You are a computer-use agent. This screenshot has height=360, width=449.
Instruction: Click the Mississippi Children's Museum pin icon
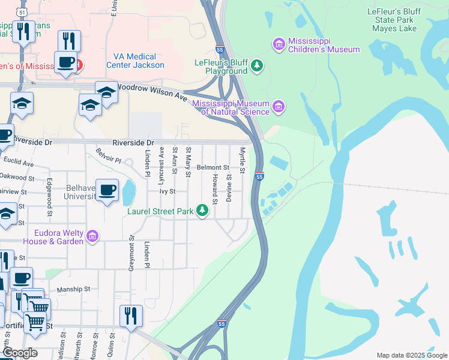(279, 44)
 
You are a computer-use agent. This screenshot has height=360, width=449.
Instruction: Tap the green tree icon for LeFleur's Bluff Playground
(258, 65)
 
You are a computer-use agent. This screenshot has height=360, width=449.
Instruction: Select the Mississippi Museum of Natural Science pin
(278, 107)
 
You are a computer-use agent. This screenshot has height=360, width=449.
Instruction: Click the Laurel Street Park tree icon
(203, 210)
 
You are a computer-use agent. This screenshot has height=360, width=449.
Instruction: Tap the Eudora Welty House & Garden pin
(92, 236)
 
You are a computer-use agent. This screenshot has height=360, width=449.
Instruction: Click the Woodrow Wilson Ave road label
(151, 91)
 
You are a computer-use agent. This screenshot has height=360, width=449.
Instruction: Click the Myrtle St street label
(243, 160)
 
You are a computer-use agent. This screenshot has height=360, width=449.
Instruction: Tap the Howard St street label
(214, 188)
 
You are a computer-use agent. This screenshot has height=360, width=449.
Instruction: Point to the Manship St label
(73, 289)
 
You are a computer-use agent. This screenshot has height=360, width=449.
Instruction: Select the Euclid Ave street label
(18, 163)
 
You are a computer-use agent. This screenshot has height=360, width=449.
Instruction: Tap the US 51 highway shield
(22, 12)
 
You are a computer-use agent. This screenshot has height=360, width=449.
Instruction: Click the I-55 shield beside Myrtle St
(259, 176)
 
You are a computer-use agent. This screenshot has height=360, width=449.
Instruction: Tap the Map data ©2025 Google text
(411, 355)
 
